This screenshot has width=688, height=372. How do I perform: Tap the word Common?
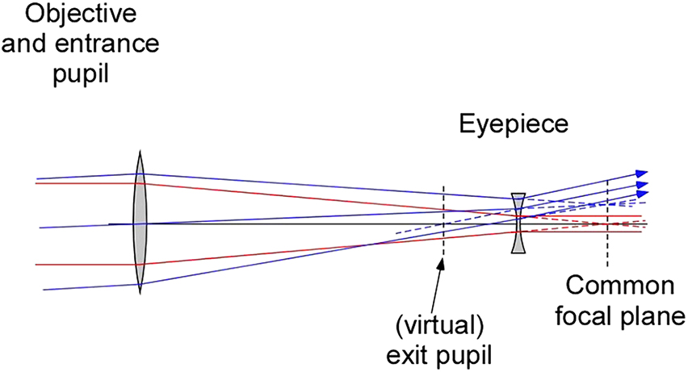coord(618,287)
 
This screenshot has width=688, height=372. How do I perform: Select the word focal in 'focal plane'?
coord(587,315)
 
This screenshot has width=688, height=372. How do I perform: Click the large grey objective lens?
coord(140,224)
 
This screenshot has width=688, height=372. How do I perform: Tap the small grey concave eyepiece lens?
coord(518,224)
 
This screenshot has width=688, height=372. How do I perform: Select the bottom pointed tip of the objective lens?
coord(140,295)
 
